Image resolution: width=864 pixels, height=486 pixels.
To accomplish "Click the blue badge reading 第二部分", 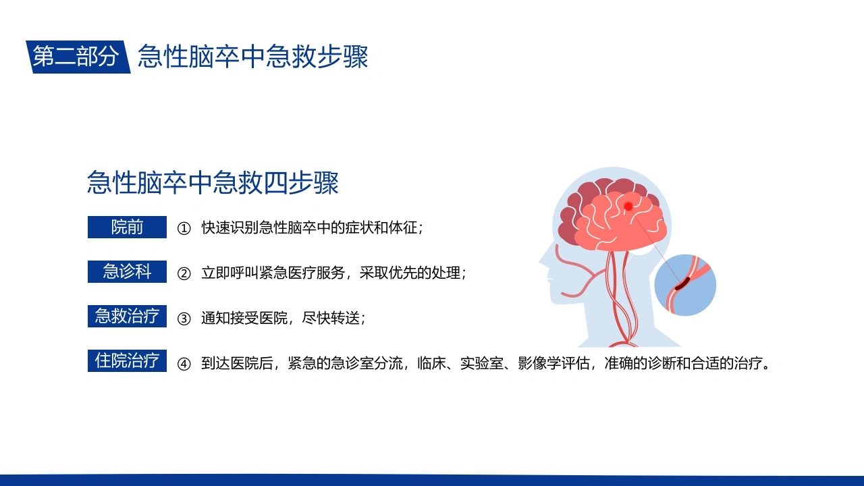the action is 78,57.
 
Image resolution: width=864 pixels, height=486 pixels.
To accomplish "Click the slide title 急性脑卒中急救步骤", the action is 253,56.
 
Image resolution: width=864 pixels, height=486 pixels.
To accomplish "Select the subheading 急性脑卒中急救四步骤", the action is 213,182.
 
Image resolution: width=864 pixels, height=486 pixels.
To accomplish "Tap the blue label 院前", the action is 128,227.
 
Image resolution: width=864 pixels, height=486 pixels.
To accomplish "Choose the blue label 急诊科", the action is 128,271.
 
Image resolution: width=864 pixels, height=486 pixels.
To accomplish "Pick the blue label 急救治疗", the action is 128,317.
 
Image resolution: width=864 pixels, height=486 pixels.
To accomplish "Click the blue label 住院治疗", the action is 128,360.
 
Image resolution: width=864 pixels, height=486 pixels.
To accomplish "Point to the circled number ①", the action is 184,228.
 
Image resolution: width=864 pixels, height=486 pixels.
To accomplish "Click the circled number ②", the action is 184,273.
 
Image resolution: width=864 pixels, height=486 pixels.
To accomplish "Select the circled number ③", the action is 184,319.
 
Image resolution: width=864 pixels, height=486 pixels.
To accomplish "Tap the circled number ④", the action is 184,364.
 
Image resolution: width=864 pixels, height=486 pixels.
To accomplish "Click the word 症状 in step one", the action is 360,227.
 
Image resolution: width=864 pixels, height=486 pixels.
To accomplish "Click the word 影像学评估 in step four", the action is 554,363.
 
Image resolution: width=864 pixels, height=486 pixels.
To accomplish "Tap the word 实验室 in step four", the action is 482,363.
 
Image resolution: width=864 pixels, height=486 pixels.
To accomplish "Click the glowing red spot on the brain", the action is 628,207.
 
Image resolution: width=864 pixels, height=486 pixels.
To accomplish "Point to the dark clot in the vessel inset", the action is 682,283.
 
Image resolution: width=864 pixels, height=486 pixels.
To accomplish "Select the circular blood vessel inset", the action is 685,285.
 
